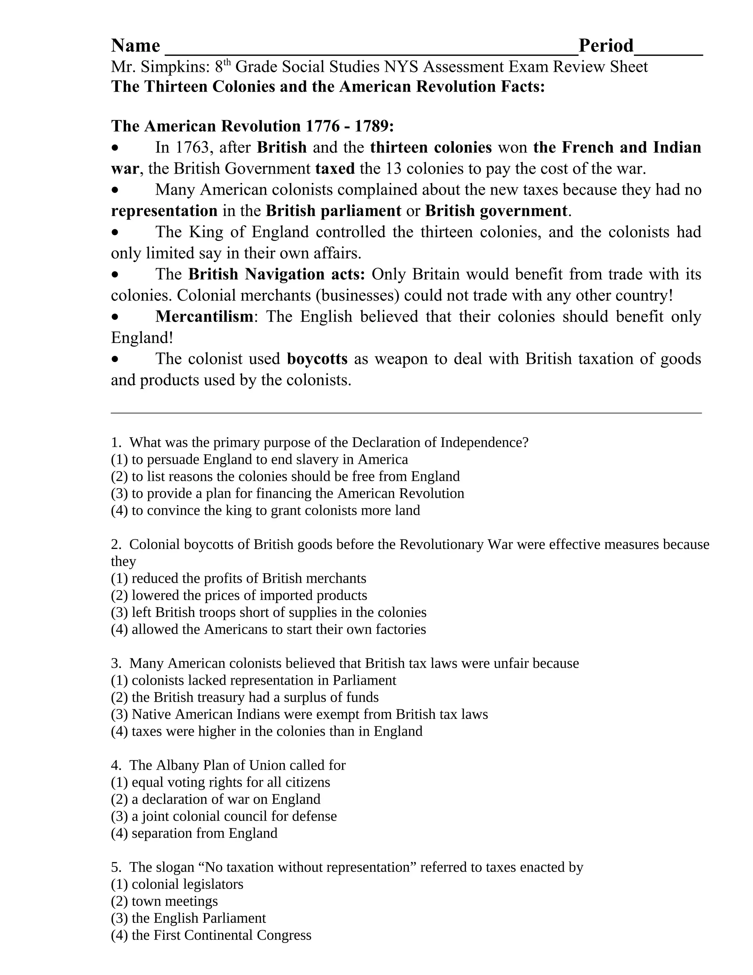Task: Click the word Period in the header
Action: tap(606, 46)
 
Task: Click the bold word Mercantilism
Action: tap(204, 316)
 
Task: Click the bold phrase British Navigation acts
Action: tap(276, 274)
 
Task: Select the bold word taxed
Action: tap(335, 169)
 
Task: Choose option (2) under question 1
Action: tap(285, 476)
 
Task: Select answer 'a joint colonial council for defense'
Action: tap(224, 816)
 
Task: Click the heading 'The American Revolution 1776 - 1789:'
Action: tap(253, 126)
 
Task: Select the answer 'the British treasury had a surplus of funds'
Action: tap(245, 697)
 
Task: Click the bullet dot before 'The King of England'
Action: tap(115, 233)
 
